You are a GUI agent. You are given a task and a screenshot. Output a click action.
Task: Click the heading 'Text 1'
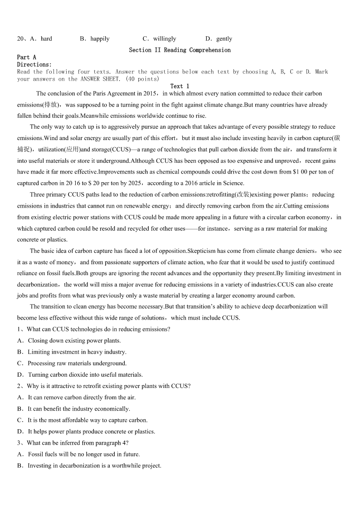click(180, 86)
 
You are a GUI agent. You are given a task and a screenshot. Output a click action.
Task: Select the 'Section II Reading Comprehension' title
click(180, 50)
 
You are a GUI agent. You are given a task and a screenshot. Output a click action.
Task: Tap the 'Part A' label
click(26, 57)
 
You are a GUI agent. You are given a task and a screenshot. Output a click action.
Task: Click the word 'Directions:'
click(34, 64)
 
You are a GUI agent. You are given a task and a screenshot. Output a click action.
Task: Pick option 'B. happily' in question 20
click(95, 39)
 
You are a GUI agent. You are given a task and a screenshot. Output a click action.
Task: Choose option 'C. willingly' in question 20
click(159, 39)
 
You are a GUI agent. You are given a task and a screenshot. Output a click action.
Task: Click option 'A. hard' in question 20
click(41, 39)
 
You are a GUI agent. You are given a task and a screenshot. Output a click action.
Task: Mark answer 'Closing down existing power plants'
click(74, 340)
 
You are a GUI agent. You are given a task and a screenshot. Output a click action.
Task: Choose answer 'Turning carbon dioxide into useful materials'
click(85, 374)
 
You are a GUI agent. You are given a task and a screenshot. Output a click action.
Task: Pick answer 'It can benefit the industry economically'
click(79, 408)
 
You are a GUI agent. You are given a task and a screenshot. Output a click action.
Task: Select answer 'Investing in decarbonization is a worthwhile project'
click(94, 465)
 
